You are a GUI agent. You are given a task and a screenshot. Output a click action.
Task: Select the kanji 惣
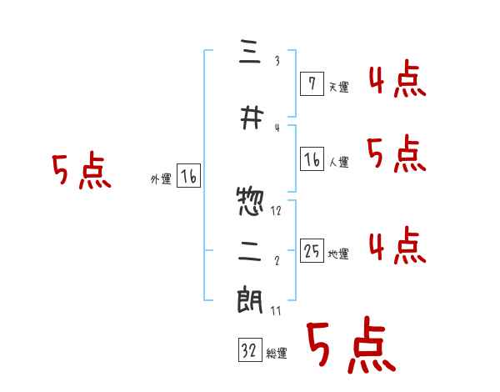[x=251, y=201]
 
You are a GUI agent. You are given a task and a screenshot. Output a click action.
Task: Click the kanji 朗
[x=251, y=301]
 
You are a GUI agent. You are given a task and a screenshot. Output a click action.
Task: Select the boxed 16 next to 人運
[x=312, y=159]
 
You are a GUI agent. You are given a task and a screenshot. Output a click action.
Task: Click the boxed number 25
[x=312, y=251]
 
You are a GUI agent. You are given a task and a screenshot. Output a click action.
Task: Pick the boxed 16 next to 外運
[x=188, y=176]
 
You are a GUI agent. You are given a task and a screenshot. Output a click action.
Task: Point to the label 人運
[x=338, y=163]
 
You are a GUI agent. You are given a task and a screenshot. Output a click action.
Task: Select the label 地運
[x=338, y=254]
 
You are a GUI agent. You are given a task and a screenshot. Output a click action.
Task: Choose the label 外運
[x=160, y=178]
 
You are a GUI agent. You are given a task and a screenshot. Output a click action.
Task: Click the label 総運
[x=277, y=354]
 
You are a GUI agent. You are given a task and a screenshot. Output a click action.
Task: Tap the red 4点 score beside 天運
[x=397, y=82]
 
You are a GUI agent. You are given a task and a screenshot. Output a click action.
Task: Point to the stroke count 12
[x=277, y=211]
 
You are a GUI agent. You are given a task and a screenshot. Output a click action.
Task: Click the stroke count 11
[x=277, y=310]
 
